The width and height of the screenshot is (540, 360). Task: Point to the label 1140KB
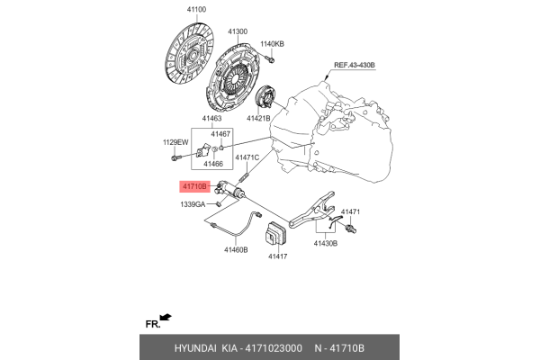click(x=272, y=43)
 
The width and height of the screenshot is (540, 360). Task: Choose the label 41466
click(x=212, y=165)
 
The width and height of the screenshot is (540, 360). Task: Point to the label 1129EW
click(x=175, y=142)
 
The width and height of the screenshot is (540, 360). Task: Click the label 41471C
click(x=247, y=157)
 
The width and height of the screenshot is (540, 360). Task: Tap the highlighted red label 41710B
click(x=195, y=187)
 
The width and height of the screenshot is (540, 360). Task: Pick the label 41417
click(x=276, y=256)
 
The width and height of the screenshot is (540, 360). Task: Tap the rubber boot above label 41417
click(x=274, y=237)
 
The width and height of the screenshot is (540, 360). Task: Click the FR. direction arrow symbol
click(x=166, y=318)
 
